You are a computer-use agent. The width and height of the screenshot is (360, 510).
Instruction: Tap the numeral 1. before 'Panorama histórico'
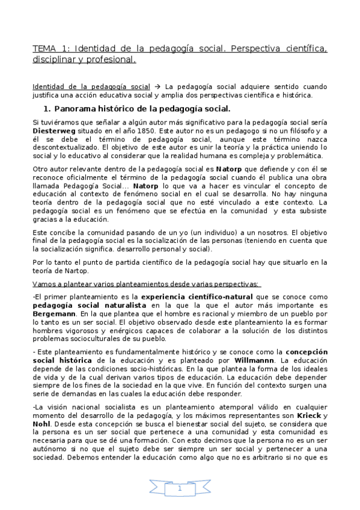[x=48, y=109]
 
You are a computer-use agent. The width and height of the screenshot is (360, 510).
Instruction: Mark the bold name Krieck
[x=310, y=416]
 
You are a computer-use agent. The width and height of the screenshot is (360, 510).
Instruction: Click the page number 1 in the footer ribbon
[x=180, y=490]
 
